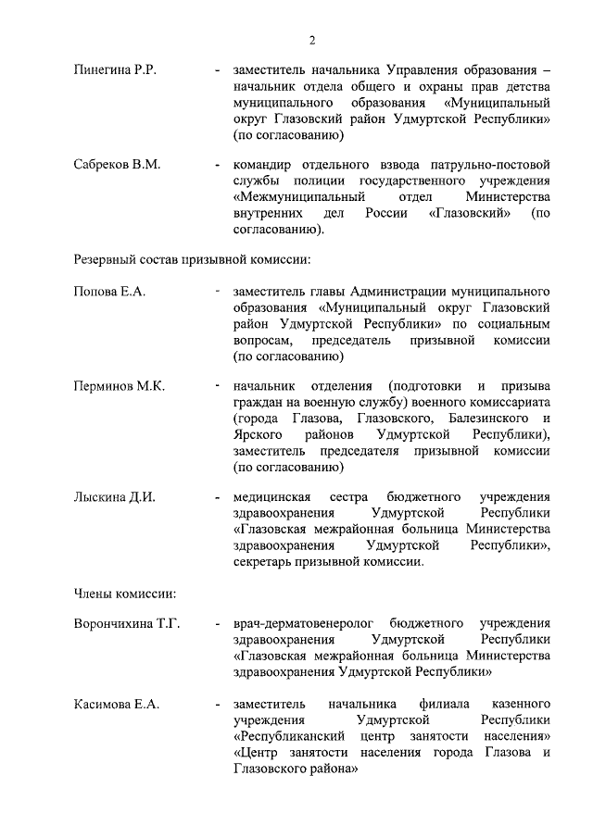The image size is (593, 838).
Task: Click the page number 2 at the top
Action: (311, 40)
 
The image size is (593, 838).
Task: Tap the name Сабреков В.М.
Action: (117, 165)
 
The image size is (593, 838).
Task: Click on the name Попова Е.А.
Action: (109, 292)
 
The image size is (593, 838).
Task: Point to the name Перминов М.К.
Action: (119, 386)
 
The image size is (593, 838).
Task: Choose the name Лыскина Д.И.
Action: (114, 496)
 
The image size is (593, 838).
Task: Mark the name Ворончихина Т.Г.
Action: (126, 623)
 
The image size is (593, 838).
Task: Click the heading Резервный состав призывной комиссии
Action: (191, 259)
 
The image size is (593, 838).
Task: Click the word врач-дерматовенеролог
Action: (304, 623)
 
